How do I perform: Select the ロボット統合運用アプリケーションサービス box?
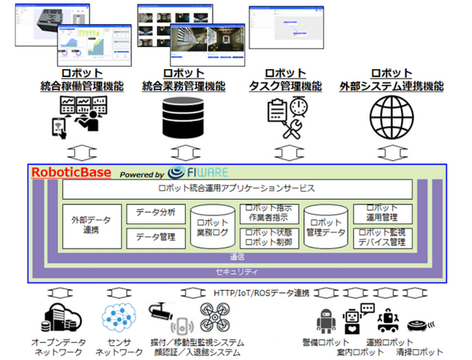pos(236,189)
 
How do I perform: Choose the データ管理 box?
pos(156,237)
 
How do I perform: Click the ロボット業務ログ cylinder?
pos(212,229)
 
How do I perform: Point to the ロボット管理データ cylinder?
pos(325,228)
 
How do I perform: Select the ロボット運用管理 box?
pos(382,213)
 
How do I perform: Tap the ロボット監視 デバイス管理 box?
pos(382,237)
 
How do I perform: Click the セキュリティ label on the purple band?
pos(236,271)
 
